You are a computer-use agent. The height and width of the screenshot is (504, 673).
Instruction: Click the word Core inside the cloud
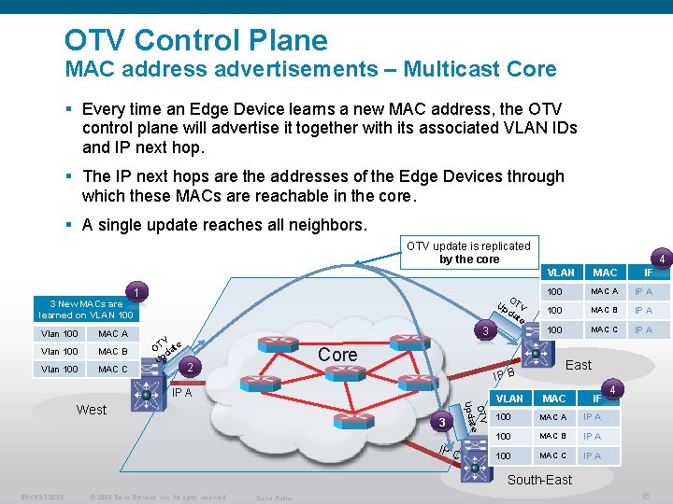click(337, 356)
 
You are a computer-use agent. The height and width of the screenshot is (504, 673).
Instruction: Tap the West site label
click(92, 410)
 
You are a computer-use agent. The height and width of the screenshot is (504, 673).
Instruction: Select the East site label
click(579, 365)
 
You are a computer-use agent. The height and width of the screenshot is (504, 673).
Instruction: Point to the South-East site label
click(539, 480)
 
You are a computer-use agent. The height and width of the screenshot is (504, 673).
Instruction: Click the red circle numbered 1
click(136, 293)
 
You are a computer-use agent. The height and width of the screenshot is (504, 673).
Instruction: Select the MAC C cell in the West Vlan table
click(113, 370)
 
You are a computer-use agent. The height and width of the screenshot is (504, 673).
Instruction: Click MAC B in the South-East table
click(552, 436)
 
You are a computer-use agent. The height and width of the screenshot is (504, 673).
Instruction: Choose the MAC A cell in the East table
click(604, 292)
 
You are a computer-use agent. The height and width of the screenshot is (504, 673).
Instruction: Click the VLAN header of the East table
click(561, 273)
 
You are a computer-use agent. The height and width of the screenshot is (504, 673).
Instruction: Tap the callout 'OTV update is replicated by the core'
click(469, 252)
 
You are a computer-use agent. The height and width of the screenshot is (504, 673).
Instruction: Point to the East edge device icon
click(538, 352)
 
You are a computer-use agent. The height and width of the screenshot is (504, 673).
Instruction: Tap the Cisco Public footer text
click(274, 497)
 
